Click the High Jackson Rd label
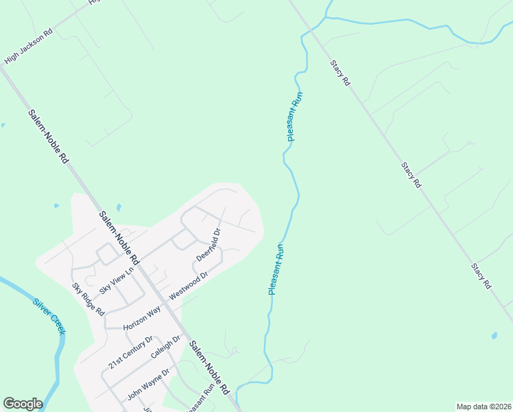click(28, 47)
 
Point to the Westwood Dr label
click(188, 283)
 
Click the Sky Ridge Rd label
click(88, 299)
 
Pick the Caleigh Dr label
click(165, 349)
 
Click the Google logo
click(23, 404)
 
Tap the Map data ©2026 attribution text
click(484, 406)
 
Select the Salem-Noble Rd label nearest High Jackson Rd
click(49, 137)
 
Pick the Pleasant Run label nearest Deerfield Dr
click(276, 269)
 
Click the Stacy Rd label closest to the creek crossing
click(340, 72)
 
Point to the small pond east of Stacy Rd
click(494, 336)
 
